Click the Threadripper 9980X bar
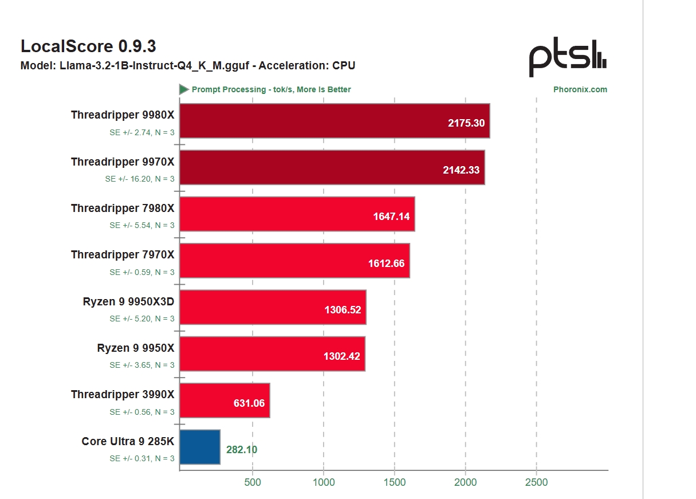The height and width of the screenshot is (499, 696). pos(335,121)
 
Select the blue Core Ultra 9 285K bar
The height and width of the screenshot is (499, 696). pos(200,447)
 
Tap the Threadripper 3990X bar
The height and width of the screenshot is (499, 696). pos(225,400)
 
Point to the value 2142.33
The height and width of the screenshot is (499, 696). pos(461,170)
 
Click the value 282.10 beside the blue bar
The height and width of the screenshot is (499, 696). pos(241,450)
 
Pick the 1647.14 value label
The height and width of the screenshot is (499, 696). pos(391,217)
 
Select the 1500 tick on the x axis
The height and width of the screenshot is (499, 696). pos(395,482)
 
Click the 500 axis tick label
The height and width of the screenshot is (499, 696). pos(253,482)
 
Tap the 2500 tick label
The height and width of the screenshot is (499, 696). pos(537,482)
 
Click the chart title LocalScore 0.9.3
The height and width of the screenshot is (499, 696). pos(88,46)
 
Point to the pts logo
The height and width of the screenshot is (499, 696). pos(567,57)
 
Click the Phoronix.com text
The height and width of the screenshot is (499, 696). pos(580,89)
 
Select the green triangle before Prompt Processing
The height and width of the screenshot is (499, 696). pos(184,89)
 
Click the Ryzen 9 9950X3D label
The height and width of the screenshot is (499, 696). pos(128,301)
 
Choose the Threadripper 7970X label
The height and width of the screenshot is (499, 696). pos(123,255)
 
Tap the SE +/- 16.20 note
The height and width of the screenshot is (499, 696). pos(140,179)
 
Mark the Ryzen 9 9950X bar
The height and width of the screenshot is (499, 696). pos(272,354)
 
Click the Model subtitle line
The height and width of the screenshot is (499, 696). pos(188,65)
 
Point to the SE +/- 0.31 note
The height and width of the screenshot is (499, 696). pos(142,458)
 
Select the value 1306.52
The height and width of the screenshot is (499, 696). pos(343,310)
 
